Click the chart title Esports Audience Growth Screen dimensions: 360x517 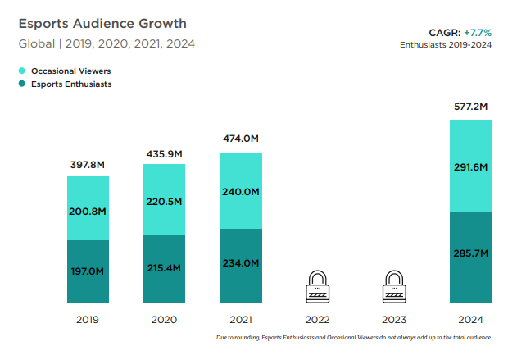tap(102, 24)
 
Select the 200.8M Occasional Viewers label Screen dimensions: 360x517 tap(88, 211)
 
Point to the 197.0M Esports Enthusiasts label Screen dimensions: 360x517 tap(88, 271)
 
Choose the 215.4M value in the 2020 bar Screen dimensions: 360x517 tap(165, 268)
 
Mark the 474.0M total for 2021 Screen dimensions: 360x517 tap(241, 139)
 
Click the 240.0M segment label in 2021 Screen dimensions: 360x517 tap(241, 192)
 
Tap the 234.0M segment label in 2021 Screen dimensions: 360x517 tap(241, 262)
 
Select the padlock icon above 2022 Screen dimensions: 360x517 tap(317, 285)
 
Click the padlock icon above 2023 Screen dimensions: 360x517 tap(394, 285)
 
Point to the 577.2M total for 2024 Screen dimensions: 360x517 tap(470, 107)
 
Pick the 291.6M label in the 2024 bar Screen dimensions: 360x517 tap(470, 167)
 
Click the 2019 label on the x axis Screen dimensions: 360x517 tap(88, 319)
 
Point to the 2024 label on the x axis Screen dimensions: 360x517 tap(470, 319)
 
